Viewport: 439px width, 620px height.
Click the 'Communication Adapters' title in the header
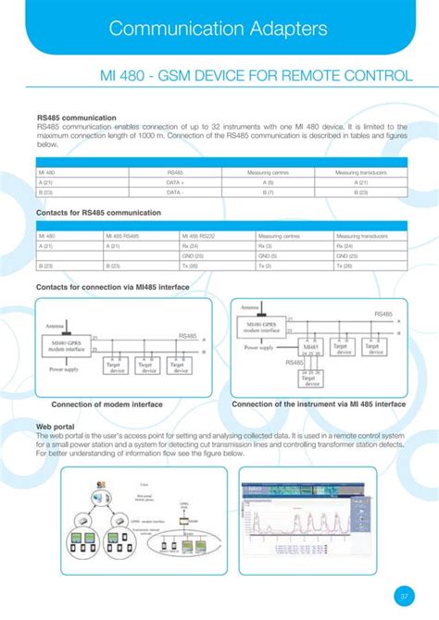(218, 29)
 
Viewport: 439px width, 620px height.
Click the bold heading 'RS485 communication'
(76, 118)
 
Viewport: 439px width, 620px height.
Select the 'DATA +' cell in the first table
(175, 182)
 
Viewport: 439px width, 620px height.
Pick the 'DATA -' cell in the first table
(175, 192)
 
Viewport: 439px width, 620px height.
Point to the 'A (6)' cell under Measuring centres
(268, 182)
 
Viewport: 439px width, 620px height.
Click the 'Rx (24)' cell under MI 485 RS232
(190, 246)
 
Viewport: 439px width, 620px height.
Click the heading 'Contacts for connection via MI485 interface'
(112, 288)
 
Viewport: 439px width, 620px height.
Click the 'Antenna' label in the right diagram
(250, 307)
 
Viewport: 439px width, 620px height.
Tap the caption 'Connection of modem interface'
(107, 404)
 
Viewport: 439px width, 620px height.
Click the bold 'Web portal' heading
(54, 428)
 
